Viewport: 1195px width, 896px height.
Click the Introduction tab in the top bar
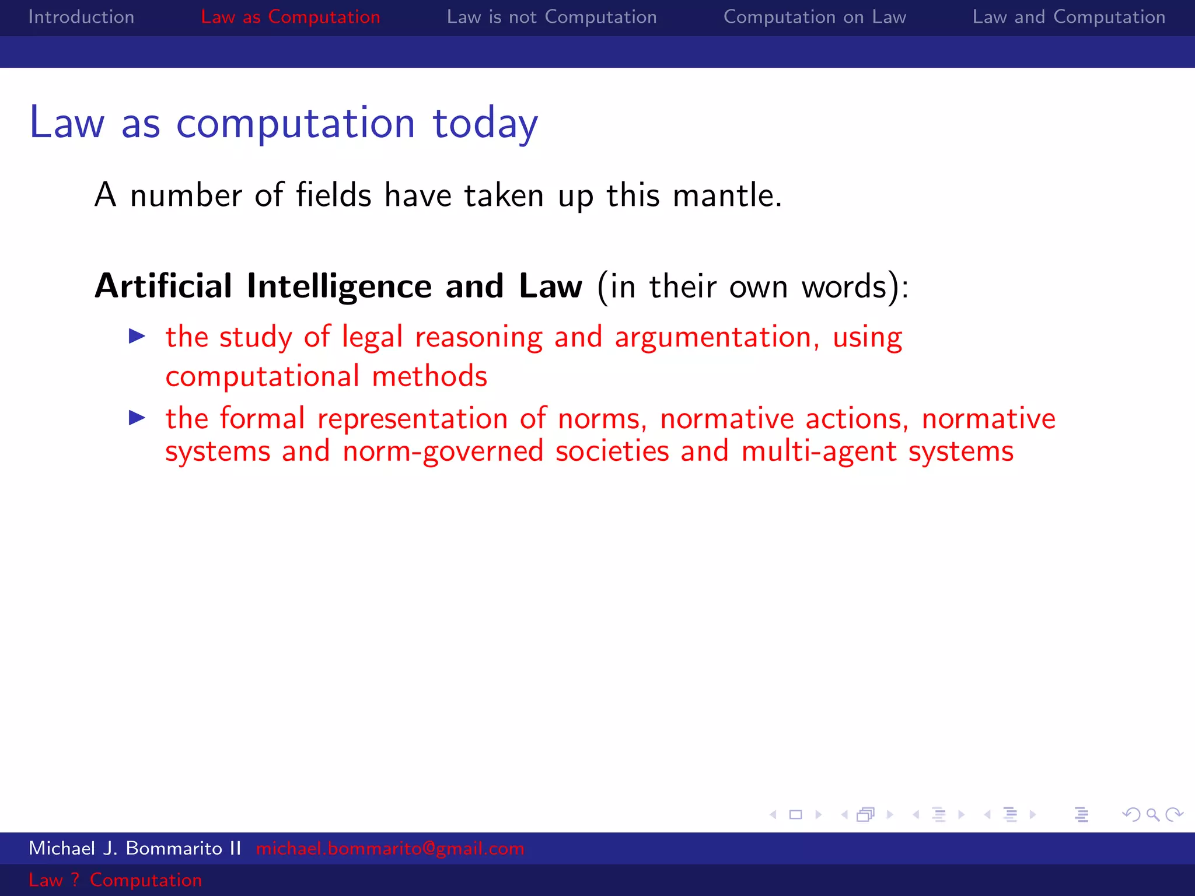click(81, 17)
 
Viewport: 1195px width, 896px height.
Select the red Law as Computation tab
click(290, 17)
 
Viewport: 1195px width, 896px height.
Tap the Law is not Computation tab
click(551, 17)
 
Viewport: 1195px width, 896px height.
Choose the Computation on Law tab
click(815, 17)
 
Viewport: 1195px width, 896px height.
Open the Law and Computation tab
click(1068, 17)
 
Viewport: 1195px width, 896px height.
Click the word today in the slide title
click(485, 124)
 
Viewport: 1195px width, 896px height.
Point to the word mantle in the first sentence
click(726, 195)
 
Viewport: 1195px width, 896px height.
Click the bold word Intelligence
click(339, 286)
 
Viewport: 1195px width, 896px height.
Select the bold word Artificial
click(163, 286)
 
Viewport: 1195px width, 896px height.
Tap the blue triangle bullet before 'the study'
click(137, 336)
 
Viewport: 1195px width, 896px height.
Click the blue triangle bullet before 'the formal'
click(137, 418)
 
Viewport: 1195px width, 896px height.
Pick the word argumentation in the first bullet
click(712, 338)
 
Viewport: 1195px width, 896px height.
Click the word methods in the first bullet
click(429, 376)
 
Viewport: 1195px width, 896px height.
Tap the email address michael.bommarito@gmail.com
click(390, 848)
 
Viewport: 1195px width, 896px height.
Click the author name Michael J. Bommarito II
click(135, 848)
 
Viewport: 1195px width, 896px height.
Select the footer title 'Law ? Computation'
click(115, 880)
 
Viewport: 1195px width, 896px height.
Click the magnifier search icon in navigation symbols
click(1152, 814)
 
